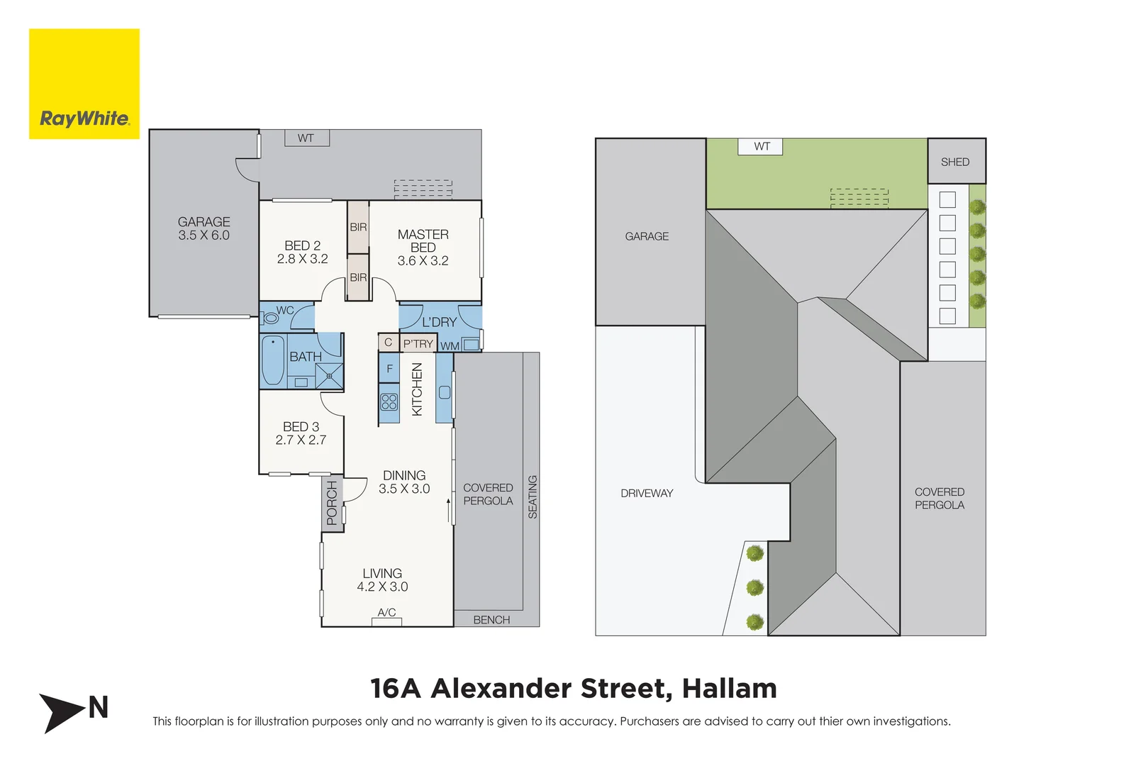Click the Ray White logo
[84, 84]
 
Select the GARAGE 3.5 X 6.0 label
[204, 228]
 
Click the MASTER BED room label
[423, 247]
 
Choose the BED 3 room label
[301, 433]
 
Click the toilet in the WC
[270, 318]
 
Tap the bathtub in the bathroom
[273, 360]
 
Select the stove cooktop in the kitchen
[389, 402]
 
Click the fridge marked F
[389, 369]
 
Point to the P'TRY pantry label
[418, 343]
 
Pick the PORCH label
[332, 503]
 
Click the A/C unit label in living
[386, 613]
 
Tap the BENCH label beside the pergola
[491, 620]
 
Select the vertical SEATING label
[533, 496]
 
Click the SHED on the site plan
[955, 162]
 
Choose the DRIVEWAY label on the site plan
[647, 493]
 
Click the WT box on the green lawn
[762, 147]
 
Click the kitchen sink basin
[445, 392]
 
